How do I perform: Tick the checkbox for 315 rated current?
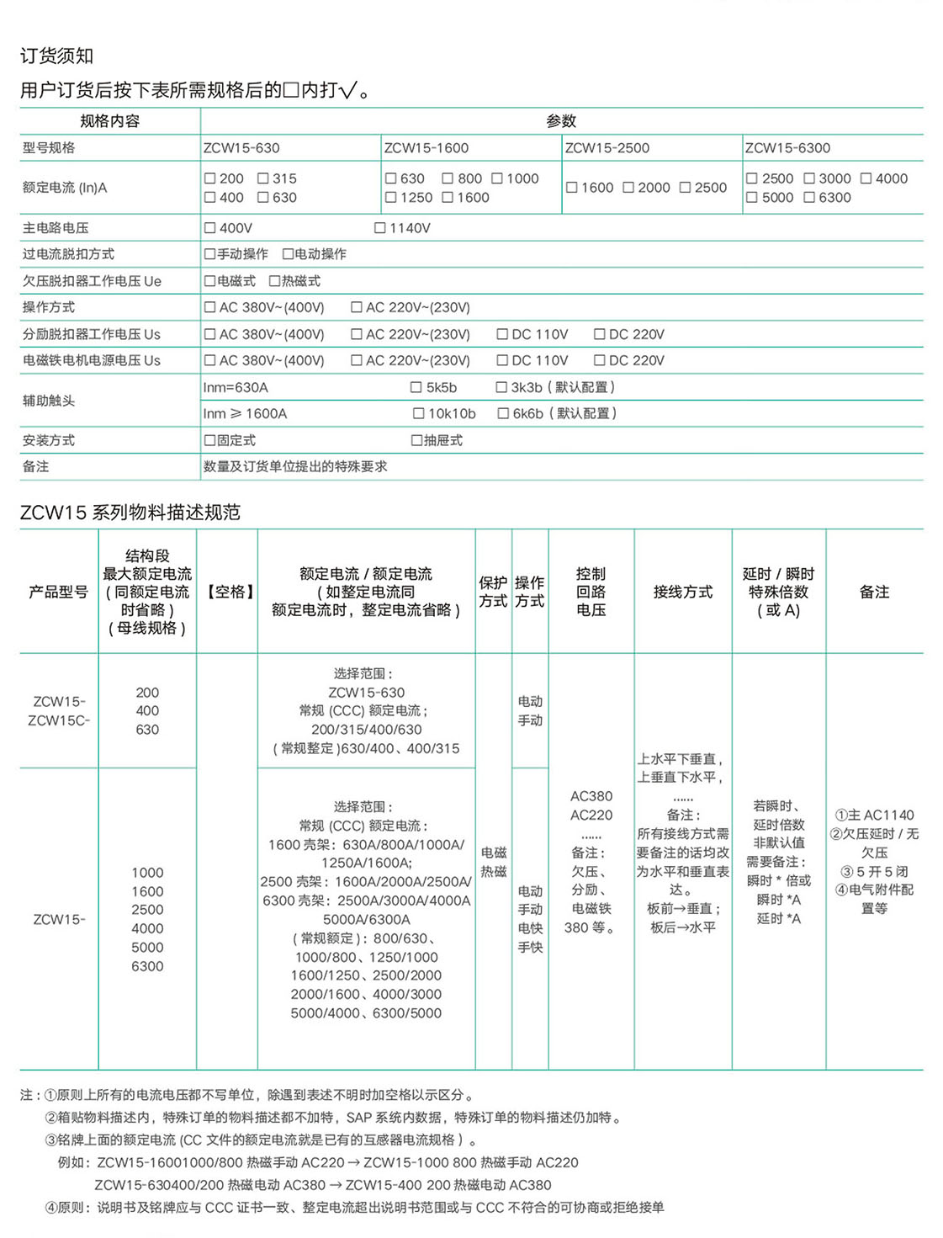263,178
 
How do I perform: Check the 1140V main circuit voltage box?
379,228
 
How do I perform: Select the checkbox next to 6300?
809,198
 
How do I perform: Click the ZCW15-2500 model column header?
607,148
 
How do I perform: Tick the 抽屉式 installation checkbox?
416,440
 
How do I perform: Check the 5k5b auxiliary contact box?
416,387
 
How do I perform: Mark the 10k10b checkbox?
418,413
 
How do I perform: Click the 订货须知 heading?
56,56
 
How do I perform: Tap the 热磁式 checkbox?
274,281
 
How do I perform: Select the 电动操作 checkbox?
288,254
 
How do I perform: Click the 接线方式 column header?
682,592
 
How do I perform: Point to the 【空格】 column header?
230,592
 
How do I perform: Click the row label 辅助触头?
49,401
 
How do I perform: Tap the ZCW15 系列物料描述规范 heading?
130,513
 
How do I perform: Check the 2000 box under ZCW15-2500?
628,188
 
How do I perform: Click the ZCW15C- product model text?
59,720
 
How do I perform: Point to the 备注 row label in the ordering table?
36,466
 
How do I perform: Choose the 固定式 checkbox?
210,440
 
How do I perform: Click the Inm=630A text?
236,387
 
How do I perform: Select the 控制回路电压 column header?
591,592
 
